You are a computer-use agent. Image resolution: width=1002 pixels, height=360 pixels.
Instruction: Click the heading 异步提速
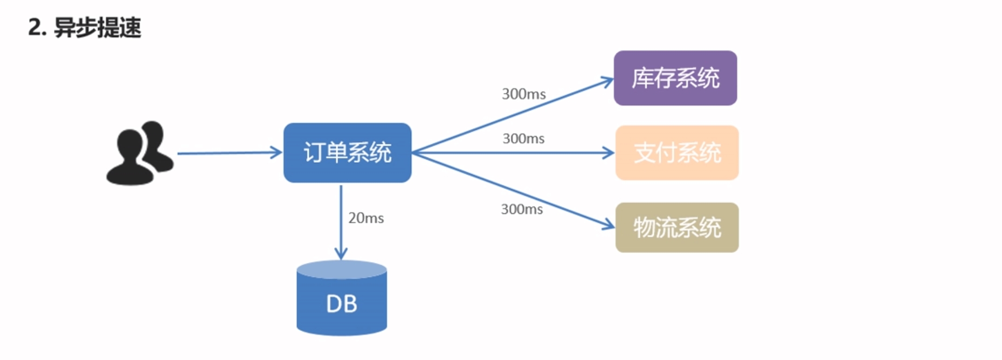(98, 27)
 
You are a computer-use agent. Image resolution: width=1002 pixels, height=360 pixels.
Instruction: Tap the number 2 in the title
(34, 27)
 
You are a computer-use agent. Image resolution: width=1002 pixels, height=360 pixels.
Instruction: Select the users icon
(140, 153)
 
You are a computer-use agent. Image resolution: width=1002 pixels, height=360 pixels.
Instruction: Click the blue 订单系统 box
(347, 153)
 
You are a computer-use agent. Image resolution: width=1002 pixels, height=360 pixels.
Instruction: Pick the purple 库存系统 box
(675, 78)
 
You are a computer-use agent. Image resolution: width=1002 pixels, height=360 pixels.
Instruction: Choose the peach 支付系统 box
(676, 153)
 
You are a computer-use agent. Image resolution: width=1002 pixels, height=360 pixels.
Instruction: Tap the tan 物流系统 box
(676, 227)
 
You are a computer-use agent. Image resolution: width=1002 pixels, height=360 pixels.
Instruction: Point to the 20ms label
(366, 218)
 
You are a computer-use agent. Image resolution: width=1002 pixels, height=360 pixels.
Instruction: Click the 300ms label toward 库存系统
(523, 94)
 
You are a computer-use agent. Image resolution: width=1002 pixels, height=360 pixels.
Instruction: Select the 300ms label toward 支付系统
(523, 139)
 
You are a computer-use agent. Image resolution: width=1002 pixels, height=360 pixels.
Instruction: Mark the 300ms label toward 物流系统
(522, 209)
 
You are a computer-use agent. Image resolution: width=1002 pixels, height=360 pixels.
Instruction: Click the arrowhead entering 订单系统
(277, 153)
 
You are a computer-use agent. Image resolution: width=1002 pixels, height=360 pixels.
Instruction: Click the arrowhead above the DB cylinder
(341, 253)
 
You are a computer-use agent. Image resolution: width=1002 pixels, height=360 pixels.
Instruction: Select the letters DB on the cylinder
(341, 304)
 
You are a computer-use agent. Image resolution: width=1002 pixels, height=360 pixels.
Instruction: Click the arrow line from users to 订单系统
(226, 153)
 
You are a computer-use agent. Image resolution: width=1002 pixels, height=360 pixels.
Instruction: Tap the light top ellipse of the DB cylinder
(341, 269)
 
